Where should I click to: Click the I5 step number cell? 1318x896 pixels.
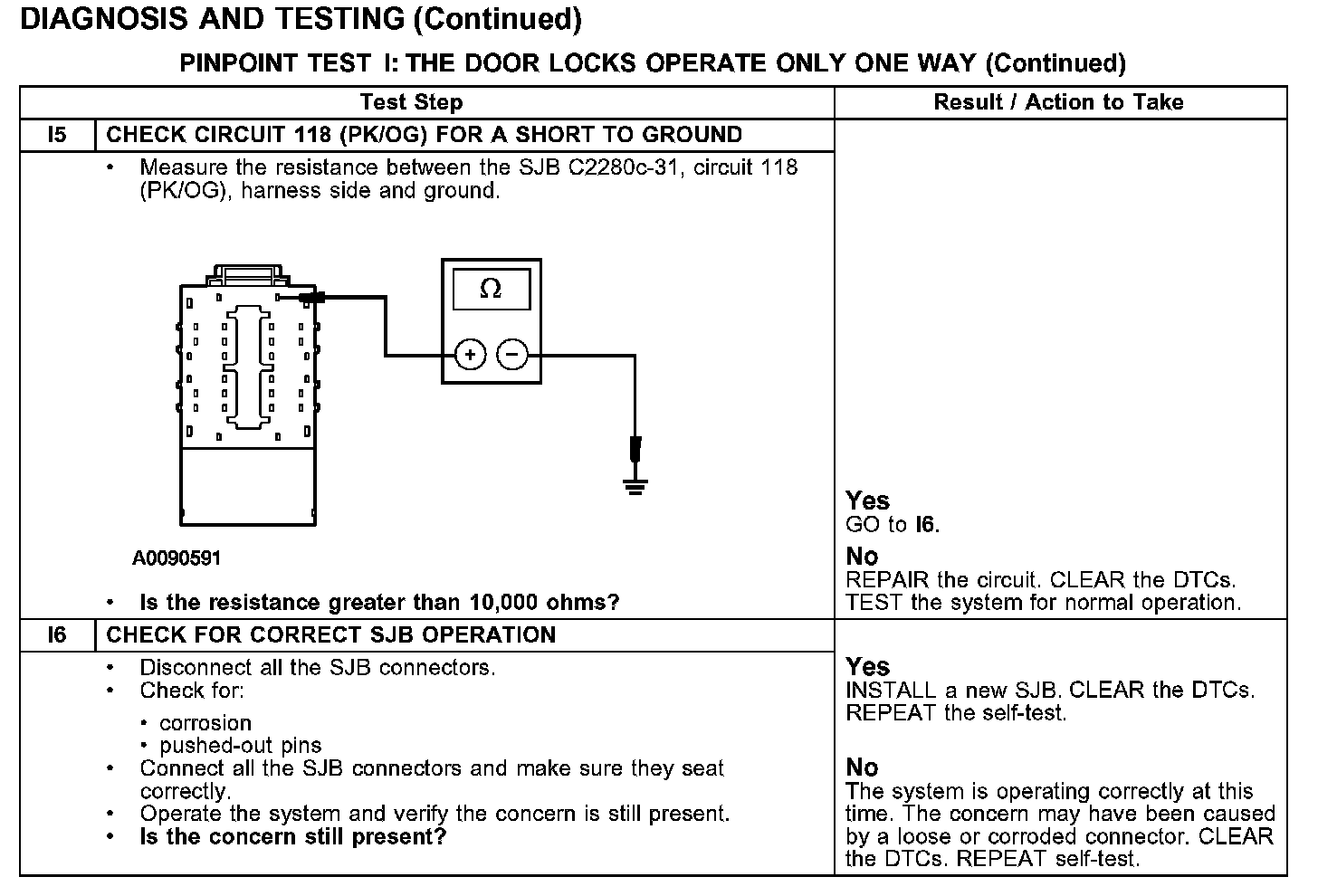point(57,135)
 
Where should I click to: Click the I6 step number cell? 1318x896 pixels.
point(57,634)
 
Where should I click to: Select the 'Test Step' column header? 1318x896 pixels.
point(411,102)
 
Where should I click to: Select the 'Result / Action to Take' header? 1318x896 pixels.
point(1058,102)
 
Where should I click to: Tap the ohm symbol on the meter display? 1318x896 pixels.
point(491,289)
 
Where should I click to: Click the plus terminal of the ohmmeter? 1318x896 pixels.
point(470,355)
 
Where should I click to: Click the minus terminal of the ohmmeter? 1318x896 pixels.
point(512,355)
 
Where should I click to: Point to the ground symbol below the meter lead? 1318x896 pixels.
point(636,488)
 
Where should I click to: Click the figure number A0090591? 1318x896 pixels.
point(177,558)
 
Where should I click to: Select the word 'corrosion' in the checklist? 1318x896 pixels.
point(205,723)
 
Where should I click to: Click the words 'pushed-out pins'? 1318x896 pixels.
point(240,746)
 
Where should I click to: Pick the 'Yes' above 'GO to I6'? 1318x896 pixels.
point(867,500)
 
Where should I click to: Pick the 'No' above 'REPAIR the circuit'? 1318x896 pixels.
point(862,556)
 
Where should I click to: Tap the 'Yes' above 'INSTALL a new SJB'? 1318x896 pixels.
point(867,667)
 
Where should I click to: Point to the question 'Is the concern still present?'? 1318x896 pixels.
point(293,836)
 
